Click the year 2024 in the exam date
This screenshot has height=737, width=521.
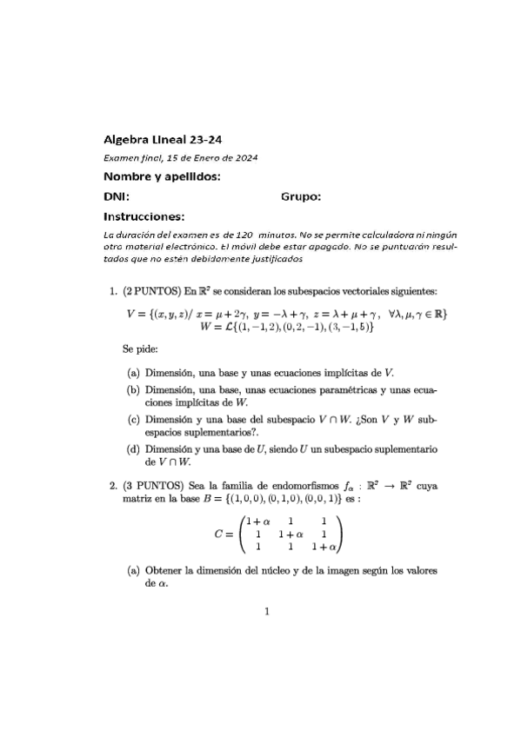coord(244,157)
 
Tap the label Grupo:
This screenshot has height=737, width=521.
coord(301,196)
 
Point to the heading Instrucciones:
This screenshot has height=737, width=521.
coord(144,216)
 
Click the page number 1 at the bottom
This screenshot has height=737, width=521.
coord(268,611)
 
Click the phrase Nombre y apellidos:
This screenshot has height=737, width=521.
coord(161,177)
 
